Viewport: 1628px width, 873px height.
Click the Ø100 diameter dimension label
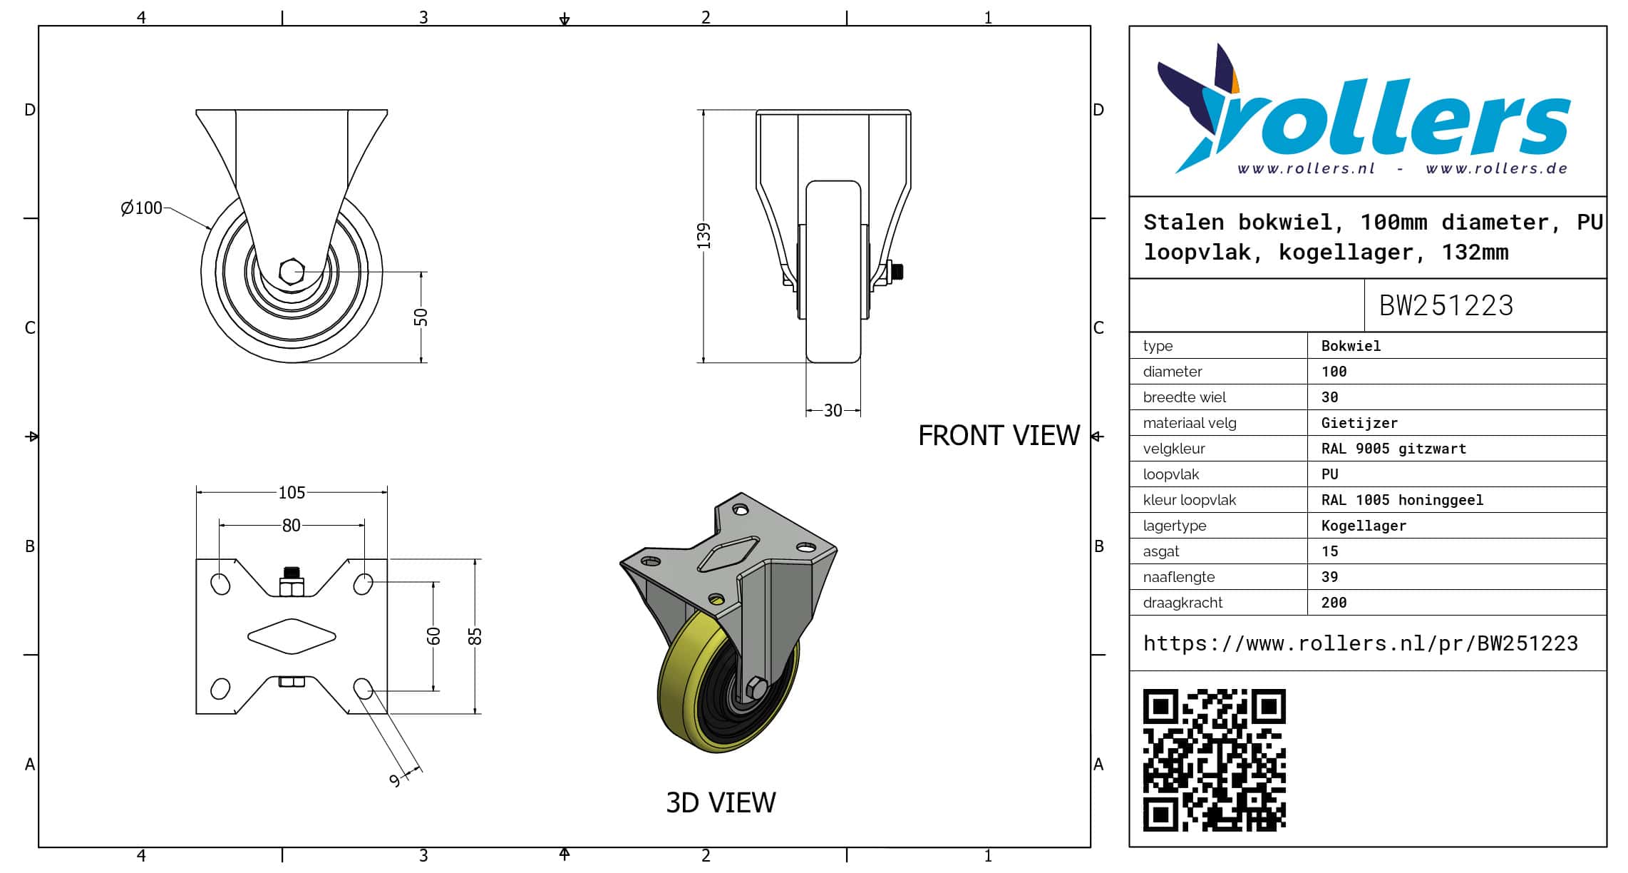click(x=142, y=208)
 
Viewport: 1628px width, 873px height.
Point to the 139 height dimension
click(x=704, y=236)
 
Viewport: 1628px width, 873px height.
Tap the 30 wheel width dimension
click(x=833, y=410)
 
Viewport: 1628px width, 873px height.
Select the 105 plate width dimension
click(x=292, y=492)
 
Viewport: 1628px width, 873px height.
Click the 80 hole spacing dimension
click(x=291, y=525)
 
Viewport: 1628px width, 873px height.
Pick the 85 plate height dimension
click(x=475, y=636)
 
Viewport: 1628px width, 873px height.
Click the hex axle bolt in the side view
click(x=292, y=272)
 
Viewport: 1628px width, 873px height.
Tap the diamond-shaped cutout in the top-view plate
click(x=292, y=636)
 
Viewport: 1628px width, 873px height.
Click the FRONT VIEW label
click(x=999, y=435)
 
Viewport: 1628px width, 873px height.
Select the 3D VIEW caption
click(x=721, y=802)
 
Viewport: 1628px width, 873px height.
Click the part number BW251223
click(x=1446, y=305)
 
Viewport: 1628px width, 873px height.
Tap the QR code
click(x=1214, y=760)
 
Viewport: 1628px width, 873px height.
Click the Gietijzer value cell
click(x=1359, y=423)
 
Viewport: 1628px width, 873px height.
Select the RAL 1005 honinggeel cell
click(x=1402, y=500)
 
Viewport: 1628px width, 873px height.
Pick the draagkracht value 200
click(x=1334, y=603)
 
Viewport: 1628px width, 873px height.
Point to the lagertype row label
click(x=1175, y=526)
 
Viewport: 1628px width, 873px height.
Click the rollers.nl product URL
click(x=1361, y=643)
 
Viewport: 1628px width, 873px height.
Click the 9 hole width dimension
click(x=395, y=780)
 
